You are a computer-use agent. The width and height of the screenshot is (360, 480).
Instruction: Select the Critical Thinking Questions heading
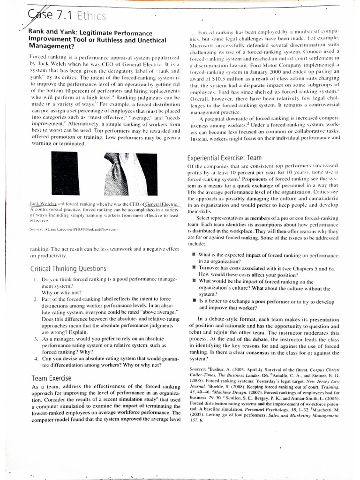coord(68,269)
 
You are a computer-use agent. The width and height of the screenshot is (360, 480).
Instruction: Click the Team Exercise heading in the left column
coord(52,377)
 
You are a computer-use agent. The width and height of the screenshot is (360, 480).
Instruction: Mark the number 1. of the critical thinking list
coord(36,279)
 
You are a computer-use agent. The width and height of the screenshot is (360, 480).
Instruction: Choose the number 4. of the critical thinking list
coord(36,358)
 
